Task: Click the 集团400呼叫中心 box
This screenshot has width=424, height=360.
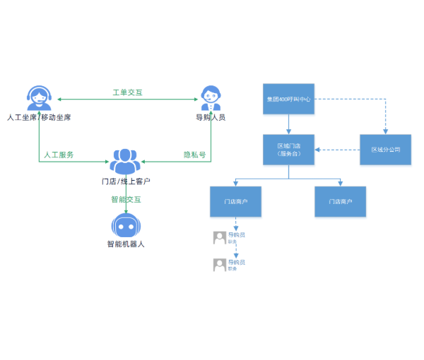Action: coord(288,99)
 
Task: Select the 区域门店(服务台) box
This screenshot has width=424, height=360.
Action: coord(288,150)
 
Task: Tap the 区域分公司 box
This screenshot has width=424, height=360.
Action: coord(385,150)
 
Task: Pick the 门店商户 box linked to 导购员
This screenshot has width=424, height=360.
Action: coord(235,201)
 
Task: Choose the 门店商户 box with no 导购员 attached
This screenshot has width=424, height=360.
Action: coord(340,201)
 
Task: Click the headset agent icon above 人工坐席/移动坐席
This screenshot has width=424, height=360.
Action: coord(39,97)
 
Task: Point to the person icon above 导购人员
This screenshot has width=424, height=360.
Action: coord(211,97)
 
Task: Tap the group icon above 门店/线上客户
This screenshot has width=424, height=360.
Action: coord(125,162)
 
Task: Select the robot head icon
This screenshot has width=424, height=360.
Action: coord(125,226)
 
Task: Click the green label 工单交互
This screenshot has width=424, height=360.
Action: coord(128,92)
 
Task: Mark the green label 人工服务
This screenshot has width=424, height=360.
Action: coord(59,155)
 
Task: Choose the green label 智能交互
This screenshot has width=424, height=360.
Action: coord(126,199)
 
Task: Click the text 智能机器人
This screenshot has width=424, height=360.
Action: coord(126,244)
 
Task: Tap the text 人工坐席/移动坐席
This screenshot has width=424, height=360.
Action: coord(39,116)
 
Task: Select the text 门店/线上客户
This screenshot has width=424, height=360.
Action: coord(126,181)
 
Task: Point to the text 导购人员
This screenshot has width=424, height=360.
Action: coord(211,116)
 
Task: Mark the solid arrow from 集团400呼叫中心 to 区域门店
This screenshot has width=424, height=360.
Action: coord(288,124)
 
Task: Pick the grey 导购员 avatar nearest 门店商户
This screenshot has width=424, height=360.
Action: coord(220,238)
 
